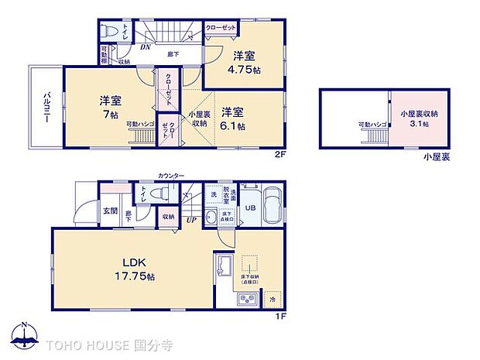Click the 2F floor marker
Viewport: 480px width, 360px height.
(x=280, y=154)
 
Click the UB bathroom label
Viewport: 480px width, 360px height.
(x=250, y=208)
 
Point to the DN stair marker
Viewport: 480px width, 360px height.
(x=144, y=46)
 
